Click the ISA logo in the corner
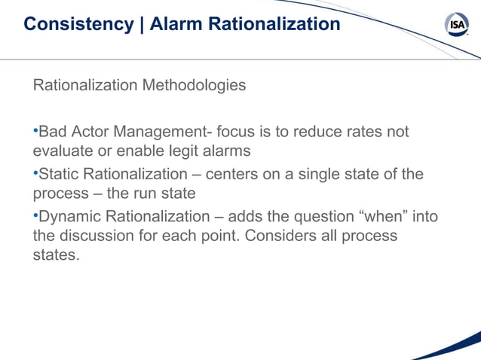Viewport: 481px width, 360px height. point(457,25)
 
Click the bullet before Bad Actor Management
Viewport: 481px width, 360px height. point(35,132)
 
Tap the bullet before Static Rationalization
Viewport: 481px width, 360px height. point(35,174)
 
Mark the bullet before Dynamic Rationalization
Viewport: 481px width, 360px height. point(35,217)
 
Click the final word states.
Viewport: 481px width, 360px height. point(55,255)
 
